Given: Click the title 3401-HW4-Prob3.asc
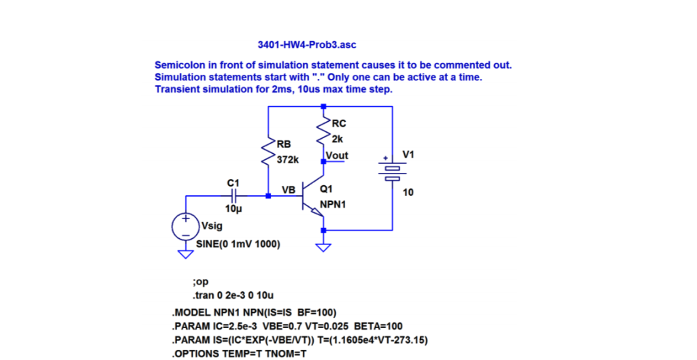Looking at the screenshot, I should click(x=306, y=45).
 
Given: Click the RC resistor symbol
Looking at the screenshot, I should click(x=323, y=133).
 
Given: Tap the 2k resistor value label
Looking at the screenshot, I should click(x=338, y=140).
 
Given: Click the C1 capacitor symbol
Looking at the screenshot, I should click(x=233, y=196).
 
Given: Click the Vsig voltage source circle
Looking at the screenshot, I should click(x=184, y=226).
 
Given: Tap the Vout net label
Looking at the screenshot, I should click(x=337, y=156).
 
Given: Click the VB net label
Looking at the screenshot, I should click(x=289, y=191).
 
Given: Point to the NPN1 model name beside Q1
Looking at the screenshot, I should click(x=333, y=203).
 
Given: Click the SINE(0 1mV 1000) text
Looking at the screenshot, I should click(x=238, y=244).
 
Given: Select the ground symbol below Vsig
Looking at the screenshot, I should click(x=184, y=254).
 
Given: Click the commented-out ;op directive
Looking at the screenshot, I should click(x=201, y=281).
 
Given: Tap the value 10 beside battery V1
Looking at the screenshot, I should click(x=408, y=193).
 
